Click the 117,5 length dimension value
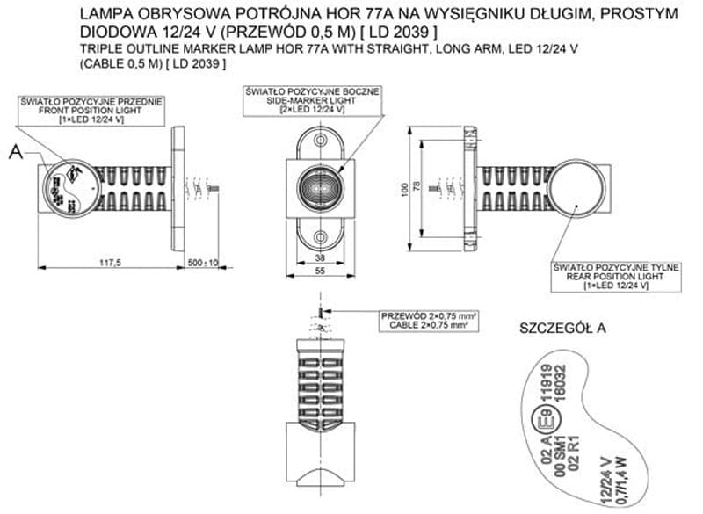point(110,263)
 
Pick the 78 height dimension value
point(418,187)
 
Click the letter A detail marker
point(15,153)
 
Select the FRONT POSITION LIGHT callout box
point(91,110)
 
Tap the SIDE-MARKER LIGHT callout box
point(315,99)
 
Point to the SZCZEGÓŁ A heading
point(563,330)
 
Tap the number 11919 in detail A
point(542,379)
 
